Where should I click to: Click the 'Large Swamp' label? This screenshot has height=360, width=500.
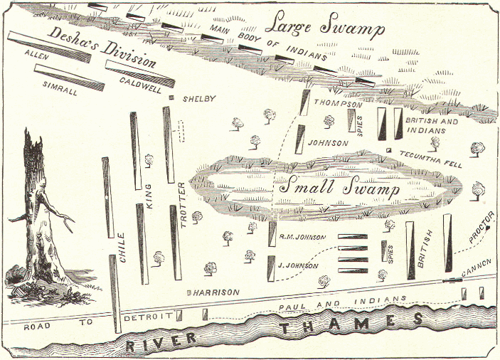tap(325, 28)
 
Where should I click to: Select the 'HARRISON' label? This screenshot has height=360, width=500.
tap(213, 292)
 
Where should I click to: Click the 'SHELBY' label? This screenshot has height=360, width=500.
tap(199, 98)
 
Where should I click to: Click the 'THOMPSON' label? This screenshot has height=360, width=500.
tap(334, 104)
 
